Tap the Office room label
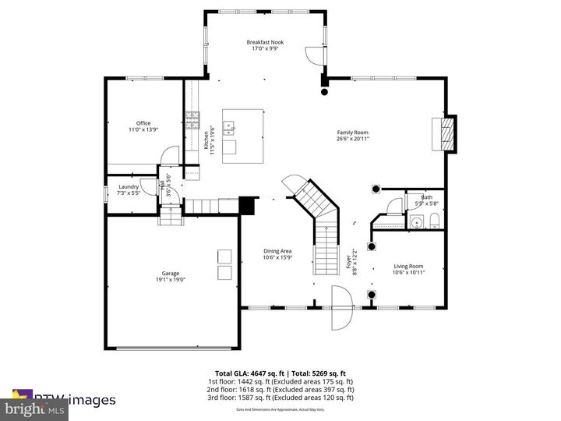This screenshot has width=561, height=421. pyautogui.click(x=143, y=122)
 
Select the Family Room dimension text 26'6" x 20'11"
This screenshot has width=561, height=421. pyautogui.click(x=352, y=140)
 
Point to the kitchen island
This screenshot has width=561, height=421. pyautogui.click(x=242, y=136)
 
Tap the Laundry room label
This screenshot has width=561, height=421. pyautogui.click(x=129, y=187)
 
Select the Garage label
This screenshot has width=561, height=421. pyautogui.click(x=171, y=273)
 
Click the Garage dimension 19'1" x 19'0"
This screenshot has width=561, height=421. pyautogui.click(x=171, y=280)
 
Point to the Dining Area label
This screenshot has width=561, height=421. pyautogui.click(x=277, y=251)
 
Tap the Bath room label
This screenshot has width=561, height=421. pyautogui.click(x=426, y=197)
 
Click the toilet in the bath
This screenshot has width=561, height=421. pyautogui.click(x=435, y=224)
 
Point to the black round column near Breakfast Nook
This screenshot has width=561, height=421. pyautogui.click(x=324, y=91)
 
